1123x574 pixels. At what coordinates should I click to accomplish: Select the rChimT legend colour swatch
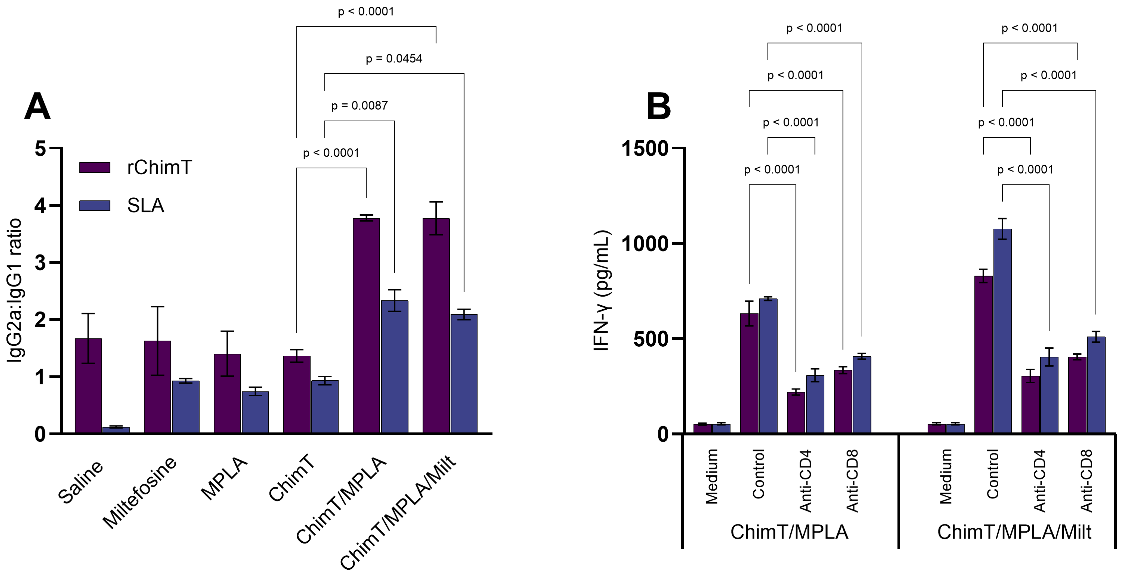[x=95, y=167]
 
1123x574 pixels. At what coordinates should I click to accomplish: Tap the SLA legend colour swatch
[x=95, y=205]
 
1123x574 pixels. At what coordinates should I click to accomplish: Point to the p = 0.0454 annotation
[x=394, y=58]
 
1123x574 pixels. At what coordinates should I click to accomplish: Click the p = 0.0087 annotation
[x=359, y=106]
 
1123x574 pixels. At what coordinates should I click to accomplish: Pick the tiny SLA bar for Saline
[x=116, y=430]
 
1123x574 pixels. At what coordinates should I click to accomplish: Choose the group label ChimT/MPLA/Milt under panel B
[x=1014, y=532]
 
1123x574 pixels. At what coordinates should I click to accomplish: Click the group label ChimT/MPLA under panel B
[x=789, y=532]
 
